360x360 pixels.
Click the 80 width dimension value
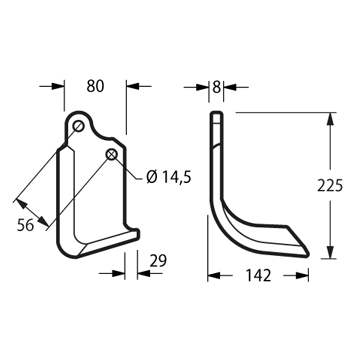pyautogui.click(x=95, y=86)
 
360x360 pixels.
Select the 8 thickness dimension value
pyautogui.click(x=216, y=87)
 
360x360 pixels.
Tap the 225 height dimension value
pyautogui.click(x=330, y=185)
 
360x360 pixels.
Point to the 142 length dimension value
pyautogui.click(x=258, y=276)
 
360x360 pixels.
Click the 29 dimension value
pyautogui.click(x=158, y=261)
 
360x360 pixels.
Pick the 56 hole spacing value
pyautogui.click(x=26, y=226)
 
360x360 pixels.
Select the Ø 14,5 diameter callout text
pyautogui.click(x=169, y=177)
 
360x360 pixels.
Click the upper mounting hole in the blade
pyautogui.click(x=78, y=126)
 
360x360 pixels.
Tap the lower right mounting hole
pyautogui.click(x=111, y=154)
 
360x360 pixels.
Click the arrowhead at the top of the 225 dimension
pyautogui.click(x=330, y=120)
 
